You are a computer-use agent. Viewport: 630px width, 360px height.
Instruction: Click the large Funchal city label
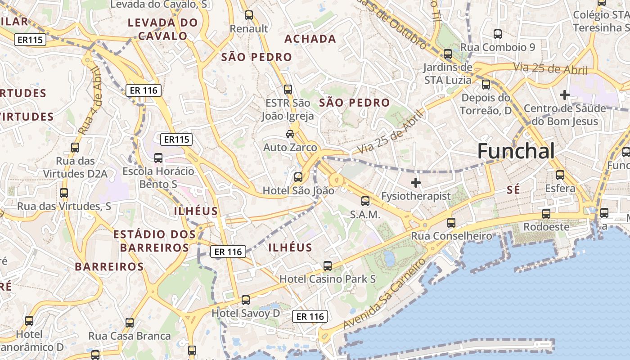click(x=516, y=151)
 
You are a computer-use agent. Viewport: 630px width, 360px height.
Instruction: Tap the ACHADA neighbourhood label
click(x=310, y=39)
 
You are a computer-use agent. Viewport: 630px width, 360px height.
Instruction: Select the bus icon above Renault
click(x=249, y=15)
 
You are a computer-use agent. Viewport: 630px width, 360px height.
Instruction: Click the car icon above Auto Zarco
click(x=290, y=134)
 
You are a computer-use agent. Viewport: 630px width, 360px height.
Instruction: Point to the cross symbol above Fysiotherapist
click(x=416, y=183)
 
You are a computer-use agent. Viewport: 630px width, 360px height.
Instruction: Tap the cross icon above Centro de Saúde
click(x=564, y=95)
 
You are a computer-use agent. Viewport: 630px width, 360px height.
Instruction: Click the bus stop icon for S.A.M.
click(x=365, y=201)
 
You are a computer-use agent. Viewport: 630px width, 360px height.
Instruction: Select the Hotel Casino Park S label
click(x=327, y=279)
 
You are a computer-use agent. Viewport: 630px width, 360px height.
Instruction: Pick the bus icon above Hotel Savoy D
click(x=245, y=300)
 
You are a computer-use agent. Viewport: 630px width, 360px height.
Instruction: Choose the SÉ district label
click(x=513, y=190)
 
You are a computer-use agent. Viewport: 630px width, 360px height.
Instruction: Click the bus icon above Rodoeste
click(x=546, y=213)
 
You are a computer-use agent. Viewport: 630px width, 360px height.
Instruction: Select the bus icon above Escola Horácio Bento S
click(x=158, y=158)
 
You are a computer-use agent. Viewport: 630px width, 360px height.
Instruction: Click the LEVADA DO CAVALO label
click(x=162, y=29)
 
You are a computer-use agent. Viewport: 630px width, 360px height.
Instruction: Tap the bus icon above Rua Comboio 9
click(x=498, y=34)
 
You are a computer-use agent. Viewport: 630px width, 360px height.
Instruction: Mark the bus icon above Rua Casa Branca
click(x=130, y=322)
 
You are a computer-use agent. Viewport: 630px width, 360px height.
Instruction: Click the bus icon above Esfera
click(x=560, y=175)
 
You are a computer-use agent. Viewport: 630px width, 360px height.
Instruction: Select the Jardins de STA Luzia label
click(x=448, y=74)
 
